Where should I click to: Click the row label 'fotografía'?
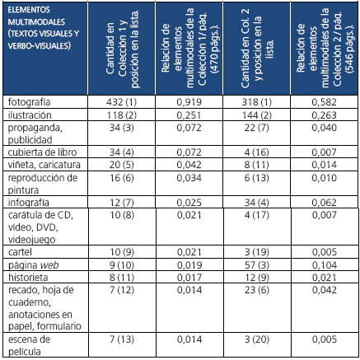click(x=28, y=101)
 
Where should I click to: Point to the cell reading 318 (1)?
click(x=256, y=101)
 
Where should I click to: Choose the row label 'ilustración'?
click(x=29, y=114)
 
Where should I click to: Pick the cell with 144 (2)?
click(x=256, y=114)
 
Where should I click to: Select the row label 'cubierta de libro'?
click(x=40, y=154)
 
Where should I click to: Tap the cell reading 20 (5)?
click(x=122, y=166)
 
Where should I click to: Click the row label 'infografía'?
click(x=28, y=202)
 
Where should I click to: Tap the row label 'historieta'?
click(x=28, y=277)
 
